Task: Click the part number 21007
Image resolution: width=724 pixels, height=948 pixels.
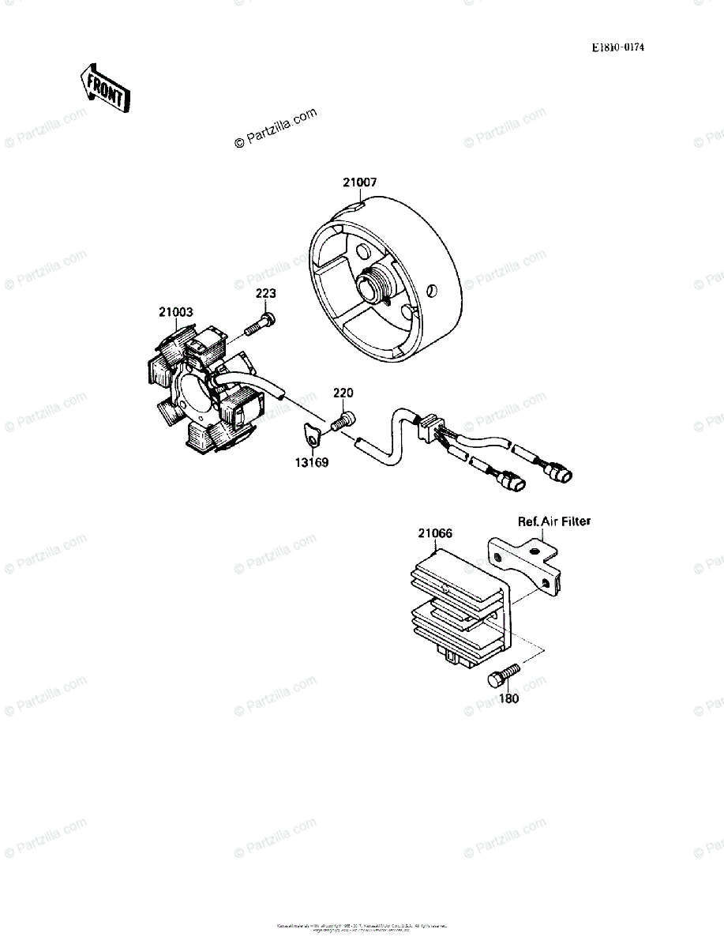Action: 359,182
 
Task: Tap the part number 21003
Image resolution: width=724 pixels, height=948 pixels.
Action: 175,313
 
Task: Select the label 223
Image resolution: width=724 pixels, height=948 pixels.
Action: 265,293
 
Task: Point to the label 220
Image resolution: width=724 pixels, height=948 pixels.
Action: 343,393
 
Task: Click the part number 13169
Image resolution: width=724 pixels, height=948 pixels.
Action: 313,461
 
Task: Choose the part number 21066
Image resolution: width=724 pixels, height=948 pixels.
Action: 435,533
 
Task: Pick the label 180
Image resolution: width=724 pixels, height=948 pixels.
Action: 509,698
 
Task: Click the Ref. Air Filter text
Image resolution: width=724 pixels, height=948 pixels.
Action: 553,521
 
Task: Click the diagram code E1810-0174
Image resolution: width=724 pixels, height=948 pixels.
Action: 618,48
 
